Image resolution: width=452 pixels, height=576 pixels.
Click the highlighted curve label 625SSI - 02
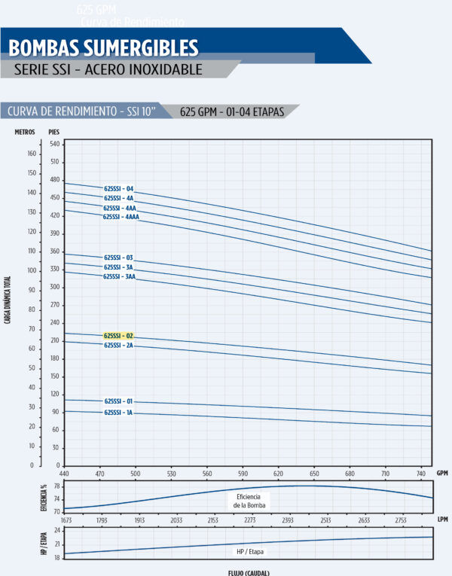coord(118,336)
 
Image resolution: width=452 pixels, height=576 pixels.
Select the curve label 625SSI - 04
coord(118,188)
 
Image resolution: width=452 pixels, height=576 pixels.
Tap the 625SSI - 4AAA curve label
coord(121,217)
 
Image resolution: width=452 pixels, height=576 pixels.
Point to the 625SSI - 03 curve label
coord(118,258)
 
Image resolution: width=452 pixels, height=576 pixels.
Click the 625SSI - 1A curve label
coord(118,413)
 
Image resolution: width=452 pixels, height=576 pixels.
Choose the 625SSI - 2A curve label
coord(118,345)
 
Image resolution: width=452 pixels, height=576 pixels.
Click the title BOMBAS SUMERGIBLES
coord(103,48)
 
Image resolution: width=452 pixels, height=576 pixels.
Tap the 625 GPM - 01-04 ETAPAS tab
coord(232,112)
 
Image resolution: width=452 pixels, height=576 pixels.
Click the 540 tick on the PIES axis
coord(54,143)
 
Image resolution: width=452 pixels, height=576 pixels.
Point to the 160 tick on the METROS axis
coord(32,154)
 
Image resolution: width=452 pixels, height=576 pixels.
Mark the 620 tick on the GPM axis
coord(278,474)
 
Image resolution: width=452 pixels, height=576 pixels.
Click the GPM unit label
coord(443,474)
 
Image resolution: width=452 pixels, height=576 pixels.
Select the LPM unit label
coord(443,520)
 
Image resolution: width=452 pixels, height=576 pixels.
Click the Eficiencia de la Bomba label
coord(251,501)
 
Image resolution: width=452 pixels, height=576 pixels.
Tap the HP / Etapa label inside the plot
coord(252,552)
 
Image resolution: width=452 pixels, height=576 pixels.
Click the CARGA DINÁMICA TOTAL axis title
coord(8,297)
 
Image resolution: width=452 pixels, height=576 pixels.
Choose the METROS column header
coord(25,132)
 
